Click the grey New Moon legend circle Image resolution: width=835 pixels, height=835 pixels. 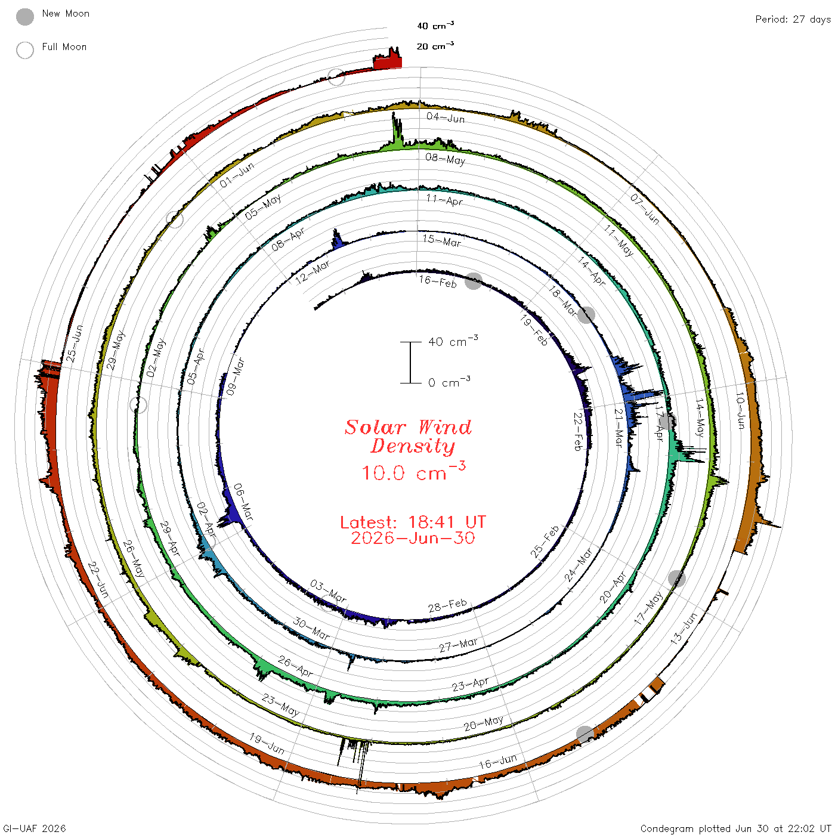pyautogui.click(x=24, y=17)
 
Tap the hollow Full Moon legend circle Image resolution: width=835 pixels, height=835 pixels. pyautogui.click(x=24, y=50)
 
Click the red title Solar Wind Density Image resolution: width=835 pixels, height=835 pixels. pyautogui.click(x=408, y=437)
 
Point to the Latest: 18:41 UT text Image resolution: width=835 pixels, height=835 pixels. pyautogui.click(x=413, y=522)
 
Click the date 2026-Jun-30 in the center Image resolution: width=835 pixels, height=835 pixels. pyautogui.click(x=413, y=538)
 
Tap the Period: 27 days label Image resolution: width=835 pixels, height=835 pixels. pyautogui.click(x=793, y=20)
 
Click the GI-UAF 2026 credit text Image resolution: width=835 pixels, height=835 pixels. pyautogui.click(x=34, y=828)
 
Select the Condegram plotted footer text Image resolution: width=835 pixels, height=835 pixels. pyautogui.click(x=735, y=828)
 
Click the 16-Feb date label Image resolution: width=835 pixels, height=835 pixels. pyautogui.click(x=438, y=282)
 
